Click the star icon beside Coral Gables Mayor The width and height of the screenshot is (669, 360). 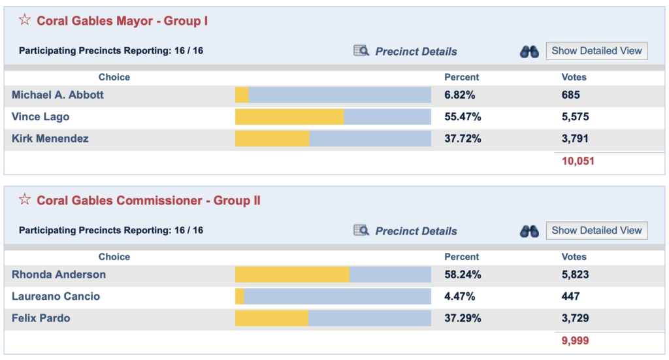tap(24, 20)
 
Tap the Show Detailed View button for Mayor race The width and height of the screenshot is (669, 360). tap(596, 51)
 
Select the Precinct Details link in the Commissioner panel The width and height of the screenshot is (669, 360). tap(416, 231)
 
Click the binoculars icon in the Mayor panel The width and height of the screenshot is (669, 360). tap(529, 52)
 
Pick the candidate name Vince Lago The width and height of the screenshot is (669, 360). tap(41, 117)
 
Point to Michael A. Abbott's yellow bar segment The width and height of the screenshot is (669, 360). tap(242, 95)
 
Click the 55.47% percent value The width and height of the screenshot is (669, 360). tap(463, 117)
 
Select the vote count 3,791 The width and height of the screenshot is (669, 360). tap(575, 139)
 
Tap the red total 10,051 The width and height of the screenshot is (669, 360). tap(578, 161)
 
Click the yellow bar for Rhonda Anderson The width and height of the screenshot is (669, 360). tap(292, 274)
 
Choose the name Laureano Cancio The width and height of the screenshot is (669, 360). tap(56, 297)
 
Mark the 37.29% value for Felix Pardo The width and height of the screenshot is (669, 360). tap(463, 318)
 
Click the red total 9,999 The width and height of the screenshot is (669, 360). tap(575, 340)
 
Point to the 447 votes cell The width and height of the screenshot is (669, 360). tap(570, 297)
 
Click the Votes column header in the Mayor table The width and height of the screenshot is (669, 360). tap(574, 77)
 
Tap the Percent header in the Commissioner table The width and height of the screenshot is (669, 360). tap(461, 257)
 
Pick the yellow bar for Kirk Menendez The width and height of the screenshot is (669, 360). tap(272, 139)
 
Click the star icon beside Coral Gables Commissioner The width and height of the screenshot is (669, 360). tap(24, 199)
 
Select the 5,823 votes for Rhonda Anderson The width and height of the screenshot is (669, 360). tap(575, 274)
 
